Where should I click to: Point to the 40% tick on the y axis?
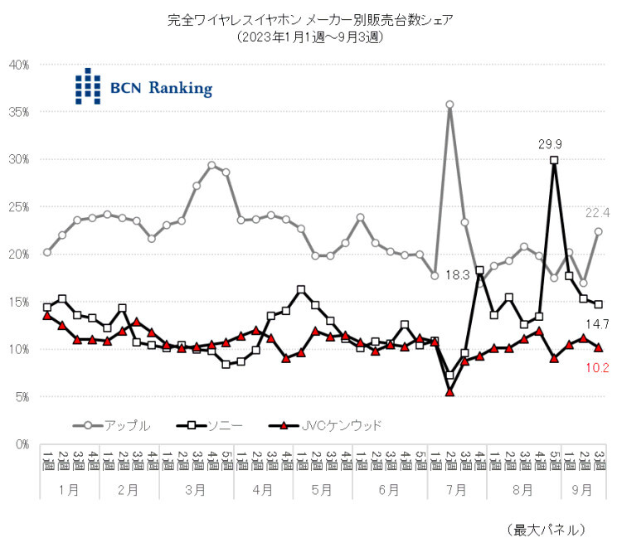(19, 64)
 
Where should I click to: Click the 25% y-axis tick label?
(19, 206)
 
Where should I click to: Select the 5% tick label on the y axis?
(22, 397)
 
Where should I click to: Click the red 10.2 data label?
(598, 366)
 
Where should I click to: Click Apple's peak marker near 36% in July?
(449, 104)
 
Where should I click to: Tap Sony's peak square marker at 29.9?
(554, 160)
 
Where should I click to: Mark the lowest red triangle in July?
(449, 391)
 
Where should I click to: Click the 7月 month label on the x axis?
(456, 489)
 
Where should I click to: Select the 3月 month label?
(195, 489)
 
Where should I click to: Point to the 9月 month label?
(583, 489)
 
